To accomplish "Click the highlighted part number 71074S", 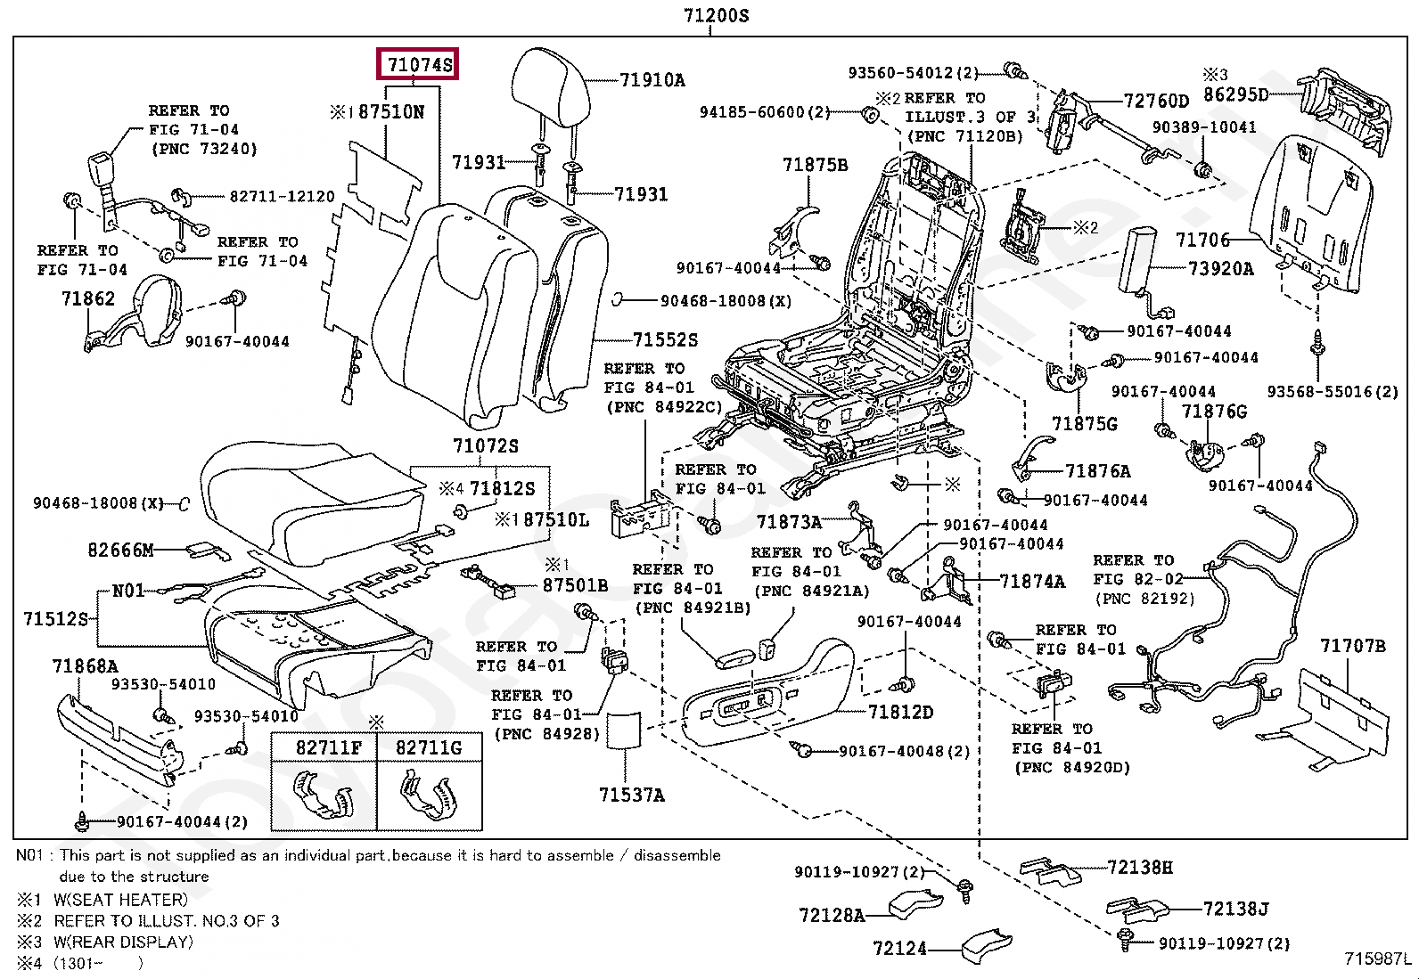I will tap(419, 64).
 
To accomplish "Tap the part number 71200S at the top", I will tap(716, 14).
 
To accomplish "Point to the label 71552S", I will tap(665, 339).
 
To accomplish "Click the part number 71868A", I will tap(85, 665).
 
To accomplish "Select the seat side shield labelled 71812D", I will tap(767, 695).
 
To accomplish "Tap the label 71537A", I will tap(631, 795).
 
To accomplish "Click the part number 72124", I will tap(899, 949).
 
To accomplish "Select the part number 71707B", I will tap(1352, 646).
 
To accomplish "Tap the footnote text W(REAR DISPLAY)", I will tap(123, 942).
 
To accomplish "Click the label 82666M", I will tap(120, 550).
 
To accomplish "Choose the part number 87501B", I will tap(575, 585).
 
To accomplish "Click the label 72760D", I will tap(1156, 101).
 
